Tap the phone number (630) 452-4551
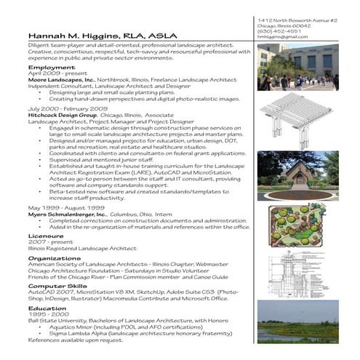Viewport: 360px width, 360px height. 277,32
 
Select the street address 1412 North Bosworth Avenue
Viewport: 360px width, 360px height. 296,19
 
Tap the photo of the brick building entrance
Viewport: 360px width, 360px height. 297,175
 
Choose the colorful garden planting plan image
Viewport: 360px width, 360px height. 297,226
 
